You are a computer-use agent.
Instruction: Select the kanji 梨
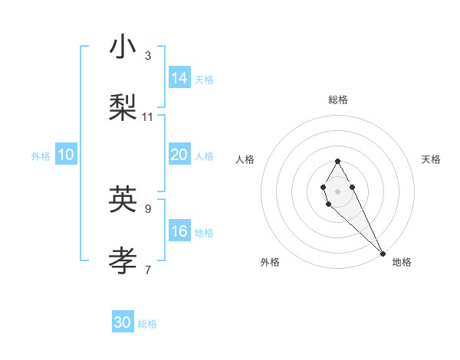tap(123, 108)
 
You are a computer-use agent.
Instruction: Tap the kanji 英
tap(123, 199)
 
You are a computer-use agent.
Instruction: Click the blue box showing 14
tap(179, 78)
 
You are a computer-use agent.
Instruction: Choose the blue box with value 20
tap(179, 155)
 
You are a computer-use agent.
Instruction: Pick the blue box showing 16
tap(179, 232)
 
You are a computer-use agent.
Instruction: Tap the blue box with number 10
tap(66, 155)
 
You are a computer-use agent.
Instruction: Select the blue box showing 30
tap(123, 323)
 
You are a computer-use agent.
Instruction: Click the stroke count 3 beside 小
tap(148, 55)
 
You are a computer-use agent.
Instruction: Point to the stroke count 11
tap(148, 116)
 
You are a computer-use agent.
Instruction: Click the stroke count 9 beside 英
tap(148, 208)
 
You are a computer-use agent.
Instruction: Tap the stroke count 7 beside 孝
tap(148, 270)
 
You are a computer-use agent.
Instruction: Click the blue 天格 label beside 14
tap(204, 79)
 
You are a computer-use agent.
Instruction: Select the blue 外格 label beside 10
tap(41, 156)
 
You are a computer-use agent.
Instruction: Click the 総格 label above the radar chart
tap(337, 100)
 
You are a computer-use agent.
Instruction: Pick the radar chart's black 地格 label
tap(402, 262)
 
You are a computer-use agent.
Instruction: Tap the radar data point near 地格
tap(383, 253)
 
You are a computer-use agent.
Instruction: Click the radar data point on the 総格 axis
tap(337, 161)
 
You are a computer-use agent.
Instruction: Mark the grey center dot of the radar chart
tap(337, 190)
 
